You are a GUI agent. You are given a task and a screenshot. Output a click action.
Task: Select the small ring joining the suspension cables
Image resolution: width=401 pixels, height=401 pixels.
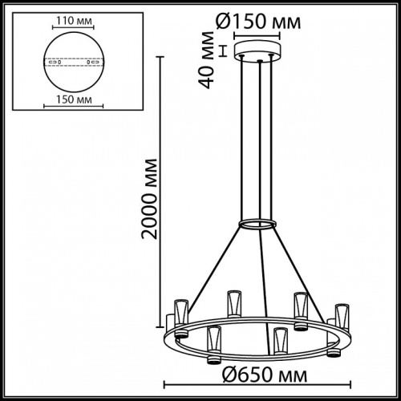tap(259, 225)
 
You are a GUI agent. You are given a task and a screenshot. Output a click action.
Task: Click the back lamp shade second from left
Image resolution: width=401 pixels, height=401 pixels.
tap(233, 302)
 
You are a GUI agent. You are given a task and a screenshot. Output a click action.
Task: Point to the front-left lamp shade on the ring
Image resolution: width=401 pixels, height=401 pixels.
tap(213, 340)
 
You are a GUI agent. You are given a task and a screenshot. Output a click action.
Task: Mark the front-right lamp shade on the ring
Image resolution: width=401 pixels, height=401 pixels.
tap(279, 340)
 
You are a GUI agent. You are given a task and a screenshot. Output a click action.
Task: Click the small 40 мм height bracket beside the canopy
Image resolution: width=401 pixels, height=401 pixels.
tap(234, 54)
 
